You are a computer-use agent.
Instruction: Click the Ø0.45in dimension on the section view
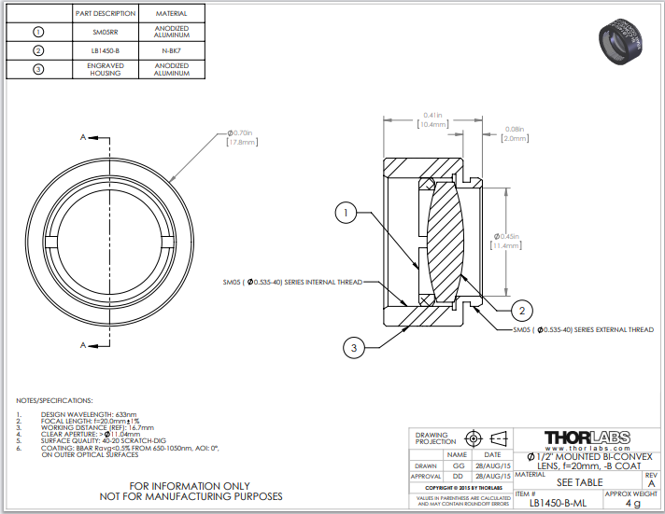pyautogui.click(x=509, y=241)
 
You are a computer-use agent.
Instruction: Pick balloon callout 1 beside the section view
pyautogui.click(x=347, y=214)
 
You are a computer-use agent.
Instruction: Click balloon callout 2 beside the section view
pyautogui.click(x=523, y=310)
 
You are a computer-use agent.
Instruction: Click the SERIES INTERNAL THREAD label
pyautogui.click(x=291, y=281)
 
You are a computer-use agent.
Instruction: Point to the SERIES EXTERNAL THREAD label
pyautogui.click(x=583, y=329)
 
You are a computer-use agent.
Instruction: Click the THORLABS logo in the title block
pyautogui.click(x=586, y=438)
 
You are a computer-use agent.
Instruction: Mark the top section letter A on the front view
pyautogui.click(x=83, y=137)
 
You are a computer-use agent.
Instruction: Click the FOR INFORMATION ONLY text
pyautogui.click(x=191, y=485)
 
